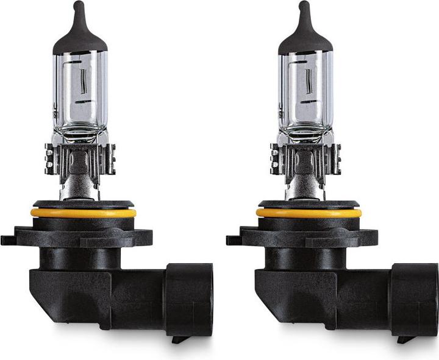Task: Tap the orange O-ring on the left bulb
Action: (83, 213)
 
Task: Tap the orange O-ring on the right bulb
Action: (308, 213)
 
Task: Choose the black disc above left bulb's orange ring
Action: (83, 204)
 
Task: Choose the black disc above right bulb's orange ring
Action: (308, 204)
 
